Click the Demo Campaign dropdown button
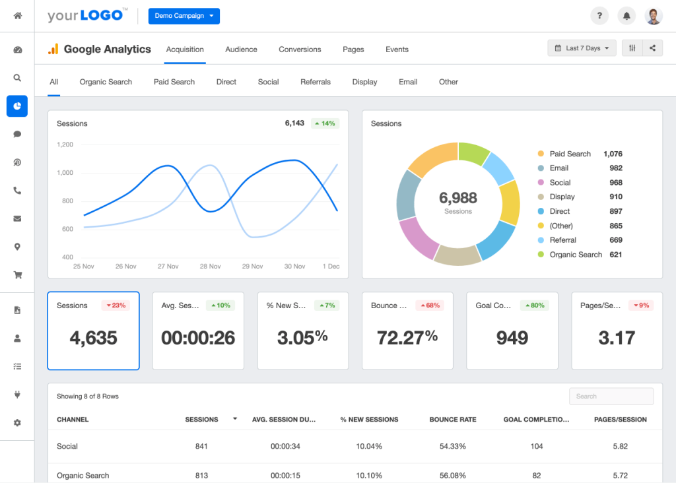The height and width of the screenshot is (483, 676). click(x=184, y=16)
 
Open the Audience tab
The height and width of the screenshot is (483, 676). click(x=241, y=49)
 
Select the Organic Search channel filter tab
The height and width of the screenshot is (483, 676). click(x=106, y=82)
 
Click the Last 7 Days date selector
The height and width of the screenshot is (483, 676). click(x=582, y=48)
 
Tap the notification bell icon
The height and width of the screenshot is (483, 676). click(x=626, y=16)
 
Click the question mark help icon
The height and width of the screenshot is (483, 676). click(x=599, y=16)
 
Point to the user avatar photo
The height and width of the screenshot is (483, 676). click(x=654, y=16)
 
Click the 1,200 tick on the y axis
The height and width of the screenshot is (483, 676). click(x=65, y=145)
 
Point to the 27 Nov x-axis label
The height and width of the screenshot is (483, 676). click(x=168, y=267)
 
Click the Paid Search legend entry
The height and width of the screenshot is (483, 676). click(x=570, y=154)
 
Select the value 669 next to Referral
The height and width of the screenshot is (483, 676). click(x=615, y=240)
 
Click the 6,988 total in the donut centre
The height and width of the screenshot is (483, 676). click(x=458, y=197)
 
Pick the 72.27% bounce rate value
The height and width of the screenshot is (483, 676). click(x=407, y=338)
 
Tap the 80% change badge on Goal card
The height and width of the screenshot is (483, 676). click(x=535, y=306)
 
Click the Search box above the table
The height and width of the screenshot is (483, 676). click(x=611, y=397)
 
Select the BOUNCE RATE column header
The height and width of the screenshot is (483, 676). click(x=452, y=420)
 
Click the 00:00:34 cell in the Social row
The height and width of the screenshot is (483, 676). click(x=285, y=447)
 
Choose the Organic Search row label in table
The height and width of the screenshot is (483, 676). click(x=83, y=475)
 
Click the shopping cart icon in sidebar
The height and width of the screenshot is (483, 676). click(x=17, y=275)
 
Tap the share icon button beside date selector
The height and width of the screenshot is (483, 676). click(x=653, y=48)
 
